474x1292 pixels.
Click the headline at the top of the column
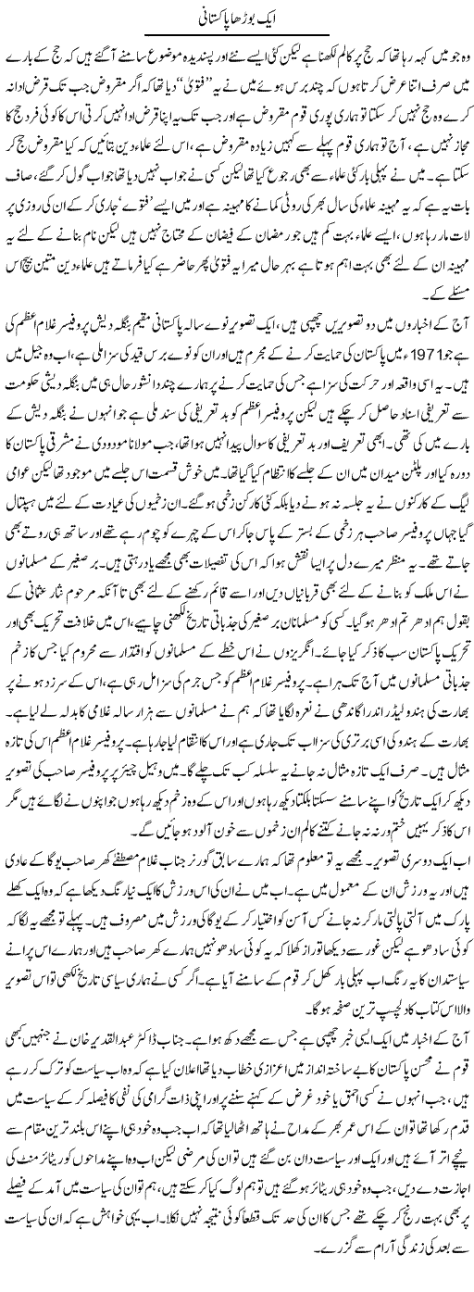[237, 16]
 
